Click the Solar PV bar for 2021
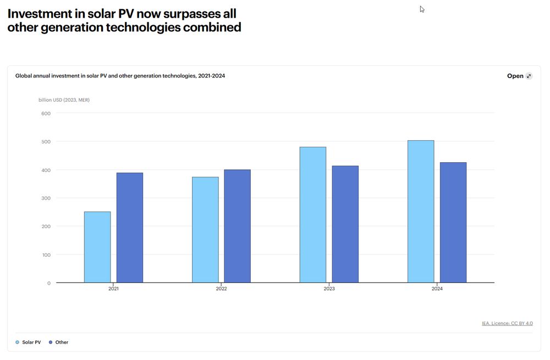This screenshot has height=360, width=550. pyautogui.click(x=97, y=247)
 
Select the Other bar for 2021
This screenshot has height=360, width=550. pyautogui.click(x=130, y=228)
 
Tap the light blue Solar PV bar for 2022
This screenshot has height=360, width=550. pyautogui.click(x=205, y=230)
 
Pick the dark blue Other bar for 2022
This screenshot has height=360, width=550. pyautogui.click(x=237, y=226)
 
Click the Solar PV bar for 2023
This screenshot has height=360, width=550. pyautogui.click(x=313, y=215)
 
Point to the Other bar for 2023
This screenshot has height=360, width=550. pyautogui.click(x=345, y=224)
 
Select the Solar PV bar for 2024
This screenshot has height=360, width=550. pyautogui.click(x=421, y=212)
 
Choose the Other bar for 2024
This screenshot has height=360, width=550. pyautogui.click(x=453, y=223)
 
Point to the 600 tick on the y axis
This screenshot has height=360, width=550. pyautogui.click(x=46, y=114)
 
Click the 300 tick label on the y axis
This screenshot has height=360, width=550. pyautogui.click(x=46, y=198)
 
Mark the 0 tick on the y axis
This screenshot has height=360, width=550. pyautogui.click(x=48, y=283)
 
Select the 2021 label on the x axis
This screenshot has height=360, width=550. pyautogui.click(x=113, y=289)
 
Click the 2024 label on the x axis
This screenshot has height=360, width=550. pyautogui.click(x=437, y=289)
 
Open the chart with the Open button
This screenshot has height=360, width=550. pyautogui.click(x=519, y=76)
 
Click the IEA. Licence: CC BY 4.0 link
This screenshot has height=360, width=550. pyautogui.click(x=507, y=323)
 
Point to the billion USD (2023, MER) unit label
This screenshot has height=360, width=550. pyautogui.click(x=64, y=100)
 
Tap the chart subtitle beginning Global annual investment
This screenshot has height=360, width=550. pyautogui.click(x=120, y=76)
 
